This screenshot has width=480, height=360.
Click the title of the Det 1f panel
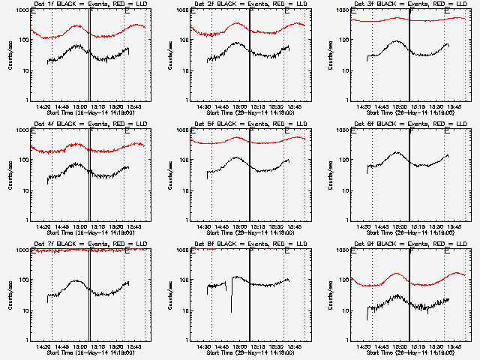click(83, 4)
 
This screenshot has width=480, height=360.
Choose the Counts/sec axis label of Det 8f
click(170, 295)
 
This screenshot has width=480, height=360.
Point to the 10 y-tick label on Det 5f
click(184, 190)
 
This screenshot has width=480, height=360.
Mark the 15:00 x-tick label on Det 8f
click(241, 348)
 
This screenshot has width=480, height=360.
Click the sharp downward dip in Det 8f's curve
click(231, 310)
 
